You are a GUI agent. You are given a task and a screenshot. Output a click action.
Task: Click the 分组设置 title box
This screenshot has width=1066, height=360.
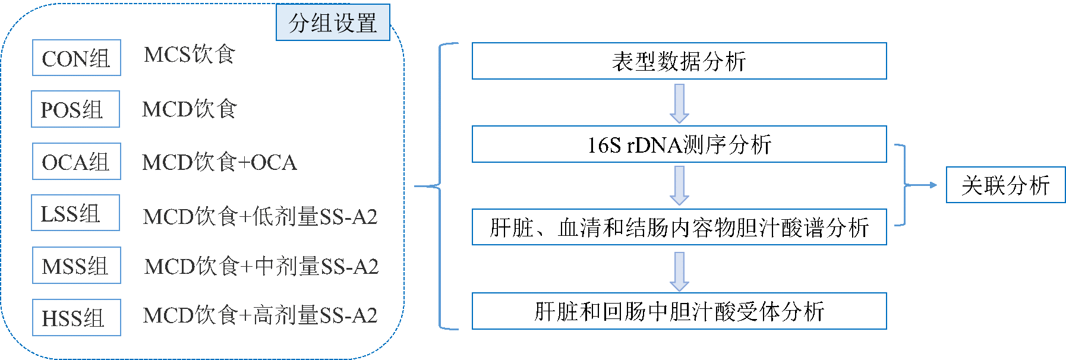coord(333,23)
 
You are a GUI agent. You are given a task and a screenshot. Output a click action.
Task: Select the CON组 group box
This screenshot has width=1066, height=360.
coord(77,58)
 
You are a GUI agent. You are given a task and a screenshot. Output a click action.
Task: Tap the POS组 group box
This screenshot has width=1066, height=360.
coord(75,109)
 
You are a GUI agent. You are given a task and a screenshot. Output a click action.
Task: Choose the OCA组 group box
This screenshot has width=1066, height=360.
coord(77,161)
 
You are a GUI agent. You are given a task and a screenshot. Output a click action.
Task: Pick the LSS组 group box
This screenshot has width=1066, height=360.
coord(75,213)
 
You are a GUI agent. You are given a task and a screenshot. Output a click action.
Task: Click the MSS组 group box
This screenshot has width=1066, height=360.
coord(77,265)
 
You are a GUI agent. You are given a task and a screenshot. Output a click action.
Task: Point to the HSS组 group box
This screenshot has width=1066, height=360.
coord(77,317)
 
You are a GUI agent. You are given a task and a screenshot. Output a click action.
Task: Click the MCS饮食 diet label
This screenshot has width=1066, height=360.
coord(190,55)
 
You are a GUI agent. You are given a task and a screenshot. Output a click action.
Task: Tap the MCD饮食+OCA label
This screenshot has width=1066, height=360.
coord(220,162)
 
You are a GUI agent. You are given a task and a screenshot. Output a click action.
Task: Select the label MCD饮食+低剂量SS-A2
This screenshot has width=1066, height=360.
coord(260,216)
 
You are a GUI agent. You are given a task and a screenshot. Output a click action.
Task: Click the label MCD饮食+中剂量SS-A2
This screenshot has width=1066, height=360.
coord(261,266)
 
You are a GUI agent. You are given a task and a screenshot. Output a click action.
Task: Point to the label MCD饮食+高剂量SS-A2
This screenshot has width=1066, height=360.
coord(260,315)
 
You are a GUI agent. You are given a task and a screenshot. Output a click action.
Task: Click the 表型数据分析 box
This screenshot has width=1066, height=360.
coord(679,61)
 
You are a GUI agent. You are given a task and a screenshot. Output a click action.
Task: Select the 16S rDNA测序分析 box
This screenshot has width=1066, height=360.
coord(679,144)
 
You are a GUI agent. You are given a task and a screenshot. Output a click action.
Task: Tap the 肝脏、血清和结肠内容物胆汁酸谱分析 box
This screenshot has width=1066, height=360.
coord(679,227)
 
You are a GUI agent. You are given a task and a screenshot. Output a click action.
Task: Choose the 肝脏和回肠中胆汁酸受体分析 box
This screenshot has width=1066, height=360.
coord(679,311)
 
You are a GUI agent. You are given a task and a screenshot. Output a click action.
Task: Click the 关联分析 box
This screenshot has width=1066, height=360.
coord(1005,185)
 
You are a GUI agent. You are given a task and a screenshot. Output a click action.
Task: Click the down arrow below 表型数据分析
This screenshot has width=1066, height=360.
coord(679,103)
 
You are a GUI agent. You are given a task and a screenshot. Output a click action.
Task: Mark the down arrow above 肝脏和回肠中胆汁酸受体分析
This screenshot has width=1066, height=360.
coord(679,271)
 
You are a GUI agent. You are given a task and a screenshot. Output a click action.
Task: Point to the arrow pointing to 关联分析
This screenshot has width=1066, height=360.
coord(921,185)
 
